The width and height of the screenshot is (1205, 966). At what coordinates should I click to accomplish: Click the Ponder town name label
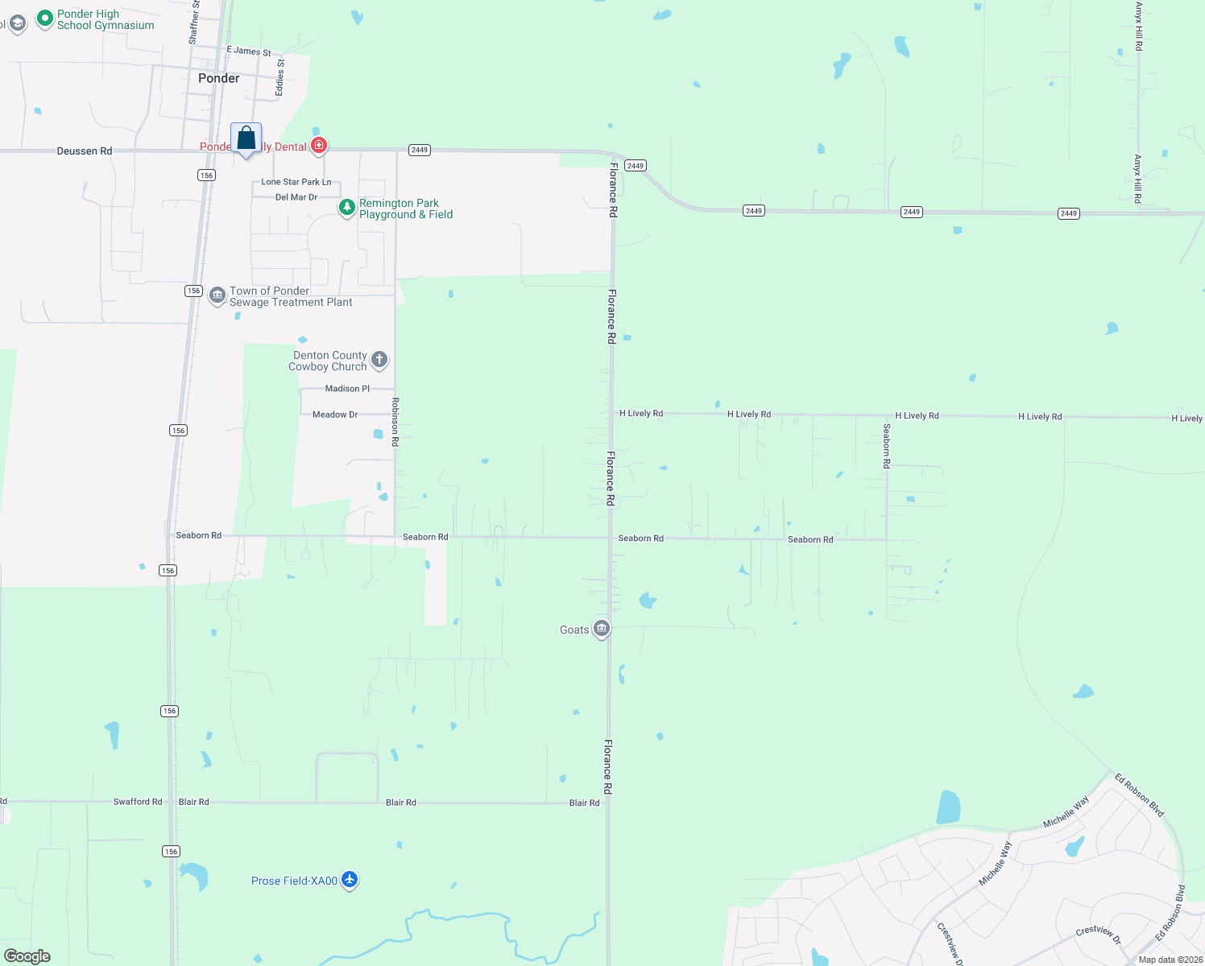[x=218, y=78]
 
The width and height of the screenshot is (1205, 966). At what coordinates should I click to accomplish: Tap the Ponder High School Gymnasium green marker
[x=45, y=17]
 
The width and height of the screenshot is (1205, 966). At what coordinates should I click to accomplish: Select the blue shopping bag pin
[x=246, y=139]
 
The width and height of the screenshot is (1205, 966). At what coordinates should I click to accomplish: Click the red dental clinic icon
[x=319, y=146]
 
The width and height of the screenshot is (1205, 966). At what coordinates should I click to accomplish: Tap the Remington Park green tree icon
[x=346, y=208]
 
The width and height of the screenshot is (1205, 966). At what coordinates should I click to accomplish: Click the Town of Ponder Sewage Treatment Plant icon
[x=217, y=295]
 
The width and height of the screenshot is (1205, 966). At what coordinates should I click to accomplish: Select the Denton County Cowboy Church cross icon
[x=379, y=360]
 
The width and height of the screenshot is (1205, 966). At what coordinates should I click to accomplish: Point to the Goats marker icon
[x=601, y=629]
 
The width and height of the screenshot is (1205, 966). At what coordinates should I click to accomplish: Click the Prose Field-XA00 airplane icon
[x=349, y=880]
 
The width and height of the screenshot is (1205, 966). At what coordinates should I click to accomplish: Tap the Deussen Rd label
[x=85, y=151]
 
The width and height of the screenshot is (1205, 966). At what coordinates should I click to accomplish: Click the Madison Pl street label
[x=347, y=389]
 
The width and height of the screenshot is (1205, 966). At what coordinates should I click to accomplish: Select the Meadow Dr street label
[x=335, y=415]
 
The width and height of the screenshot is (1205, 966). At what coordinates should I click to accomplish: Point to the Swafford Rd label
[x=138, y=802]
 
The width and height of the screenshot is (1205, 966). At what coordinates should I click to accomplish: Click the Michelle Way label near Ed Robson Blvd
[x=1066, y=811]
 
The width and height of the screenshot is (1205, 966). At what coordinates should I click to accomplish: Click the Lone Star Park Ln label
[x=296, y=182]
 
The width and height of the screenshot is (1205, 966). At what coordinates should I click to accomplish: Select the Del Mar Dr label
[x=296, y=197]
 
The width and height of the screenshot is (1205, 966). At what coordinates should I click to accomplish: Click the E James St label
[x=249, y=51]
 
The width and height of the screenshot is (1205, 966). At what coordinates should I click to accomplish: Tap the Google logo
[x=27, y=956]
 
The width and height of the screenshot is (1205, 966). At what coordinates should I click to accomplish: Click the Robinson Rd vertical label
[x=395, y=422]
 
